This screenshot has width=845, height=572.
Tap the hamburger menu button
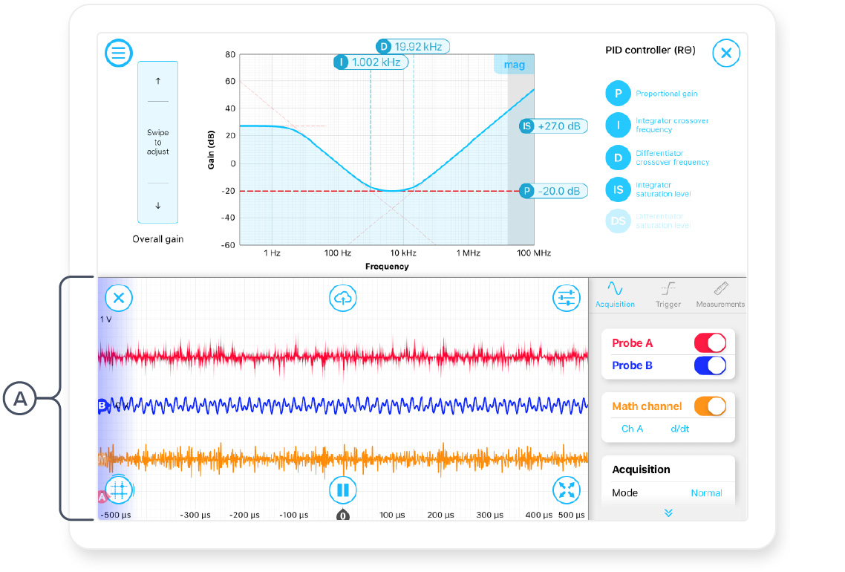point(119,53)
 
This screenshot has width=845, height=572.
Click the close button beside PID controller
point(726,53)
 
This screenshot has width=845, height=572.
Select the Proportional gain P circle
point(618,94)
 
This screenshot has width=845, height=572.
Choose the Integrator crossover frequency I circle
point(618,125)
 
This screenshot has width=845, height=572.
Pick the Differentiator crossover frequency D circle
point(618,157)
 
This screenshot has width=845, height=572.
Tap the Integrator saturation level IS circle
point(618,189)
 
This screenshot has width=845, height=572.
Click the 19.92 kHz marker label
point(412,46)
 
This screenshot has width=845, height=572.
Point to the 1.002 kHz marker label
point(371,62)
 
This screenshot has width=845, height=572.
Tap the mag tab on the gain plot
point(514,65)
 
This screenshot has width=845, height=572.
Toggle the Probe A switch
point(709,342)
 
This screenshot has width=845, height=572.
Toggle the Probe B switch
point(709,365)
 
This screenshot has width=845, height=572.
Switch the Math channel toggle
point(709,406)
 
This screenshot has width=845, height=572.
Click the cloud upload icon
point(342,298)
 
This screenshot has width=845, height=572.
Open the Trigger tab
point(668,293)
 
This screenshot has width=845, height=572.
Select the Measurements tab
point(720,293)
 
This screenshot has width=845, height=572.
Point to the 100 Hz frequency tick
point(337,254)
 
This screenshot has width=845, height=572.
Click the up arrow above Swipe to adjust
point(158,80)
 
